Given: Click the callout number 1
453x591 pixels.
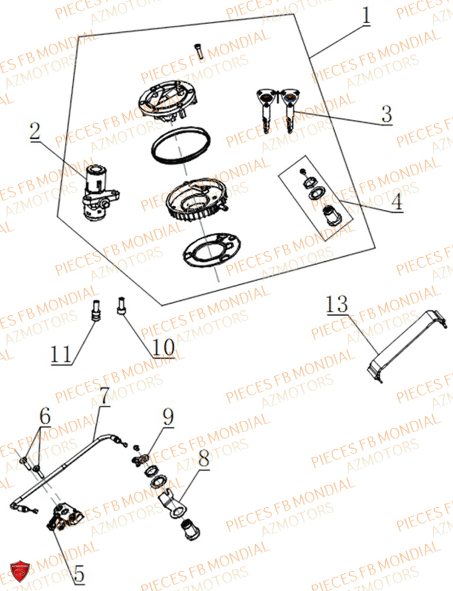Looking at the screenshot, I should tap(367, 15).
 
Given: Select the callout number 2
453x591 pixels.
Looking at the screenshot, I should tap(35, 132).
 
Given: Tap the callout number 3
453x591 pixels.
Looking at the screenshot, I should tap(386, 113).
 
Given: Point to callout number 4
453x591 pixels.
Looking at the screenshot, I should tap(397, 202).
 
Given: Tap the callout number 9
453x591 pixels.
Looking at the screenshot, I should tap(169, 417).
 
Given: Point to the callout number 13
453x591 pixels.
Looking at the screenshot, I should tap(336, 306).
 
